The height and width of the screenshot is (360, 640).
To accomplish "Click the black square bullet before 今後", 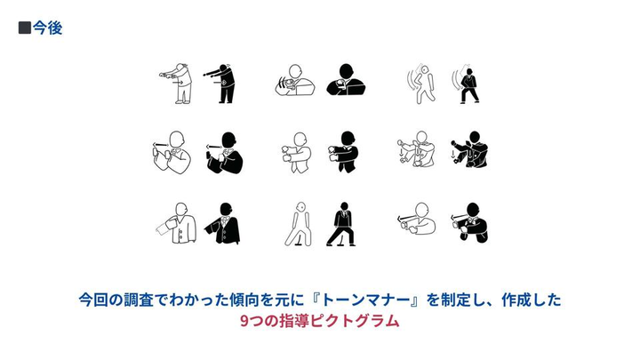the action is pyautogui.click(x=25, y=28).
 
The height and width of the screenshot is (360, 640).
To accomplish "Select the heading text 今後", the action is pyautogui.click(x=47, y=28).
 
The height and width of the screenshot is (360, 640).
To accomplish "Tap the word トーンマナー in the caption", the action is pyautogui.click(x=365, y=300).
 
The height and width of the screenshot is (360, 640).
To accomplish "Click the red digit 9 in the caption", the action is pyautogui.click(x=244, y=321).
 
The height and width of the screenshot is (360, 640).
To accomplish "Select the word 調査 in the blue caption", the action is pyautogui.click(x=139, y=300).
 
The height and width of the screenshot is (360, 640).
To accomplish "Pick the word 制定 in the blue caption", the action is pyautogui.click(x=456, y=300).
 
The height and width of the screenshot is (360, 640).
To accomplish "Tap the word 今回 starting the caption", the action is pyautogui.click(x=93, y=300).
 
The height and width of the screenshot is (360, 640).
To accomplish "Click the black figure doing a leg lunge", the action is pyautogui.click(x=342, y=225).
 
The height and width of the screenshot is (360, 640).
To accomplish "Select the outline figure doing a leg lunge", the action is pyautogui.click(x=299, y=225).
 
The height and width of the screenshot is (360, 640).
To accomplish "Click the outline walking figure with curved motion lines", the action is pyautogui.click(x=422, y=84).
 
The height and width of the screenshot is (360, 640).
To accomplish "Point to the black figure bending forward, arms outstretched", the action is pyautogui.click(x=220, y=84).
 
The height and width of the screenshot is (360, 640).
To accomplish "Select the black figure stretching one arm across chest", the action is pyautogui.click(x=344, y=152).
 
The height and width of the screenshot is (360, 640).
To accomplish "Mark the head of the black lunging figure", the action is pyautogui.click(x=345, y=205).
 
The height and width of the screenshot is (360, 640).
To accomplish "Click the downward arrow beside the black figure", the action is pyautogui.click(x=452, y=155).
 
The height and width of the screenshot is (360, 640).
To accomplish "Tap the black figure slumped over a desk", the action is pyautogui.click(x=346, y=80).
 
